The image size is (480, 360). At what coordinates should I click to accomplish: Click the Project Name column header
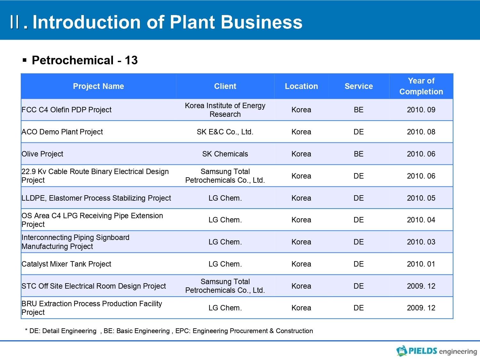pos(99,86)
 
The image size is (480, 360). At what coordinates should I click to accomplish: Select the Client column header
pos(225,86)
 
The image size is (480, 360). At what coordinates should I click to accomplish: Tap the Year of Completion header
pos(421,86)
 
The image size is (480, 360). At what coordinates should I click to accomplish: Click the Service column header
pos(359,86)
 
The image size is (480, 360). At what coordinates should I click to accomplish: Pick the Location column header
pos(301,86)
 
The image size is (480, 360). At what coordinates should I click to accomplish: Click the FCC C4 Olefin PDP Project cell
pos(67,110)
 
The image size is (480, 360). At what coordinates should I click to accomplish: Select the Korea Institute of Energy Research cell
pos(225,110)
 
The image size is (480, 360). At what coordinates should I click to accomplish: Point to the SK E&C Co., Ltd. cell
pos(225,132)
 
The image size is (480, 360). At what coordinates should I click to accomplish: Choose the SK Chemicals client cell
pos(225,154)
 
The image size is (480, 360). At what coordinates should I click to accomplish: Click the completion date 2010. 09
pos(421,110)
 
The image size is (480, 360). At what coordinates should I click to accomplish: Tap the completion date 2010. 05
pos(421,198)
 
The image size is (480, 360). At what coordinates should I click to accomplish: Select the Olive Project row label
pos(42,154)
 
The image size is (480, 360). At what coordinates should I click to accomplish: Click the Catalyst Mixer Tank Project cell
pos(66,264)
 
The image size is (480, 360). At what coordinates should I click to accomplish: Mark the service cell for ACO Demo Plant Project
pos(359,132)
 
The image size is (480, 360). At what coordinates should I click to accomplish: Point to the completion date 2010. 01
pos(421,264)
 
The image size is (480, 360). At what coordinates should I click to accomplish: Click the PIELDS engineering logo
pos(436,351)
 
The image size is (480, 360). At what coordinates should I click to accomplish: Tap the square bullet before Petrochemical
pos(25,60)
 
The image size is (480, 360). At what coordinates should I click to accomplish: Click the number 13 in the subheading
pos(131,60)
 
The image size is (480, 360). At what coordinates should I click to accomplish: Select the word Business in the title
pos(261,22)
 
